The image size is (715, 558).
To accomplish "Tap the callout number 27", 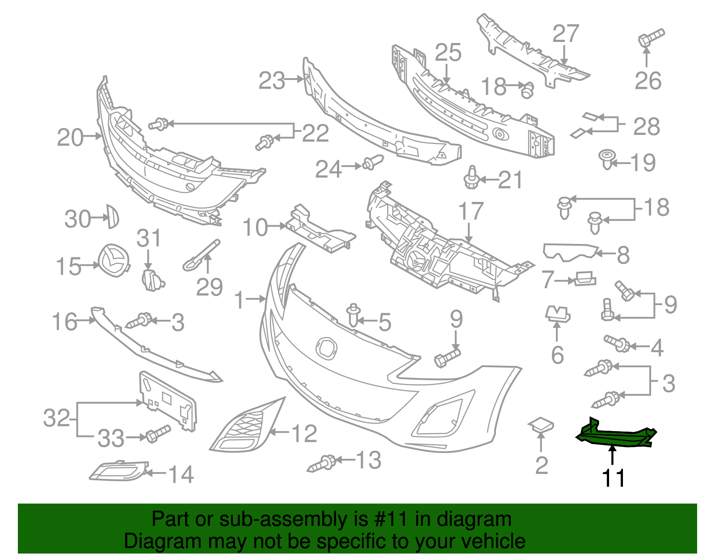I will tap(565, 34).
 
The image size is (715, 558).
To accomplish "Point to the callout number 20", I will tap(70, 138).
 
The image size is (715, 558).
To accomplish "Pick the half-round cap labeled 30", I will tap(113, 217).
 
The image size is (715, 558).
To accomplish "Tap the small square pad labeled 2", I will tap(541, 424).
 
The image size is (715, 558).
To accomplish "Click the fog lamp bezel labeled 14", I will tap(119, 471).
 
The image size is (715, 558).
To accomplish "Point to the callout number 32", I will tap(56, 418).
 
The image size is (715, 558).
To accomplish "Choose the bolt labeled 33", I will tap(157, 433).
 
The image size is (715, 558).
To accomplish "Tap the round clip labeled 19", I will tap(606, 159).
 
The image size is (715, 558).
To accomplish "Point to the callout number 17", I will tap(471, 211).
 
